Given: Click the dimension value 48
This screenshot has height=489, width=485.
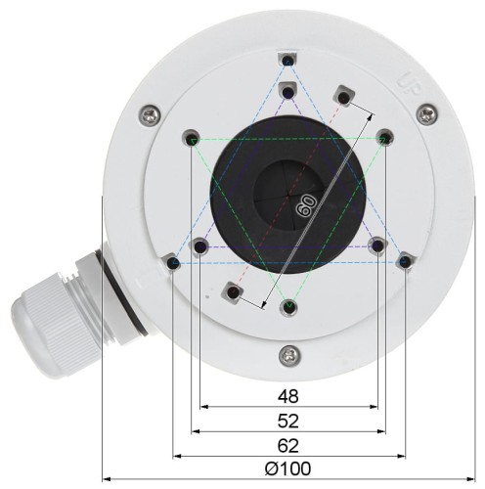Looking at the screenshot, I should click(287, 397).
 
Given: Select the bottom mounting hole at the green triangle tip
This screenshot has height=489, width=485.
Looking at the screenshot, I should click(287, 308).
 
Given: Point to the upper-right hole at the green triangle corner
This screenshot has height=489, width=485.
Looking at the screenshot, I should click(385, 138).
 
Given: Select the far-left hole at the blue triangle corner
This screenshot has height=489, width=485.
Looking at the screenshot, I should click(173, 262).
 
